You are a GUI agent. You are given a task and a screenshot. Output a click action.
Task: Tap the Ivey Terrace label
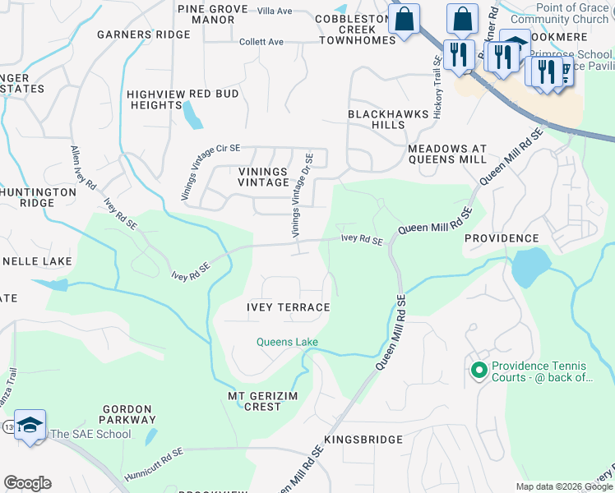[x=288, y=307]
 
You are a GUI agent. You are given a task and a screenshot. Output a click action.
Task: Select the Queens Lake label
[x=287, y=342]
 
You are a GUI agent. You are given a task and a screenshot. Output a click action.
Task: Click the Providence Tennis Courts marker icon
[x=479, y=371]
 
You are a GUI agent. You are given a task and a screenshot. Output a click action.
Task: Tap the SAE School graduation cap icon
[x=30, y=425]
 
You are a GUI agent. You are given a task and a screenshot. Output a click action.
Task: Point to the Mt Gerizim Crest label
[x=255, y=401]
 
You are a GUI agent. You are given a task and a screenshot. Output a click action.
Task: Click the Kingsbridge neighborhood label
[x=363, y=440]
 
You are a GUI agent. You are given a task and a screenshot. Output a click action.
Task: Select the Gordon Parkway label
[x=127, y=414]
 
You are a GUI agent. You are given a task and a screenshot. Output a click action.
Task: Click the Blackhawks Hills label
[x=377, y=119]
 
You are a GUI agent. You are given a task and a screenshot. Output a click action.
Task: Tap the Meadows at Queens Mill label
[x=447, y=154]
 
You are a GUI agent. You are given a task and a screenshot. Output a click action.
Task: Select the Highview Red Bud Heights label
[x=183, y=99]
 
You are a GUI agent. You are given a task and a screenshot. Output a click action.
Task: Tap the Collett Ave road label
[x=263, y=42]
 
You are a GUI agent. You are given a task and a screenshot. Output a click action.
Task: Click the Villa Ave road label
[x=275, y=11]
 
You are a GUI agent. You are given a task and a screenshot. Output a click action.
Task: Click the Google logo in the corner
[x=27, y=483]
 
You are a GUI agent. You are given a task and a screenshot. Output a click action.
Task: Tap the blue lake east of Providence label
[x=530, y=265]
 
